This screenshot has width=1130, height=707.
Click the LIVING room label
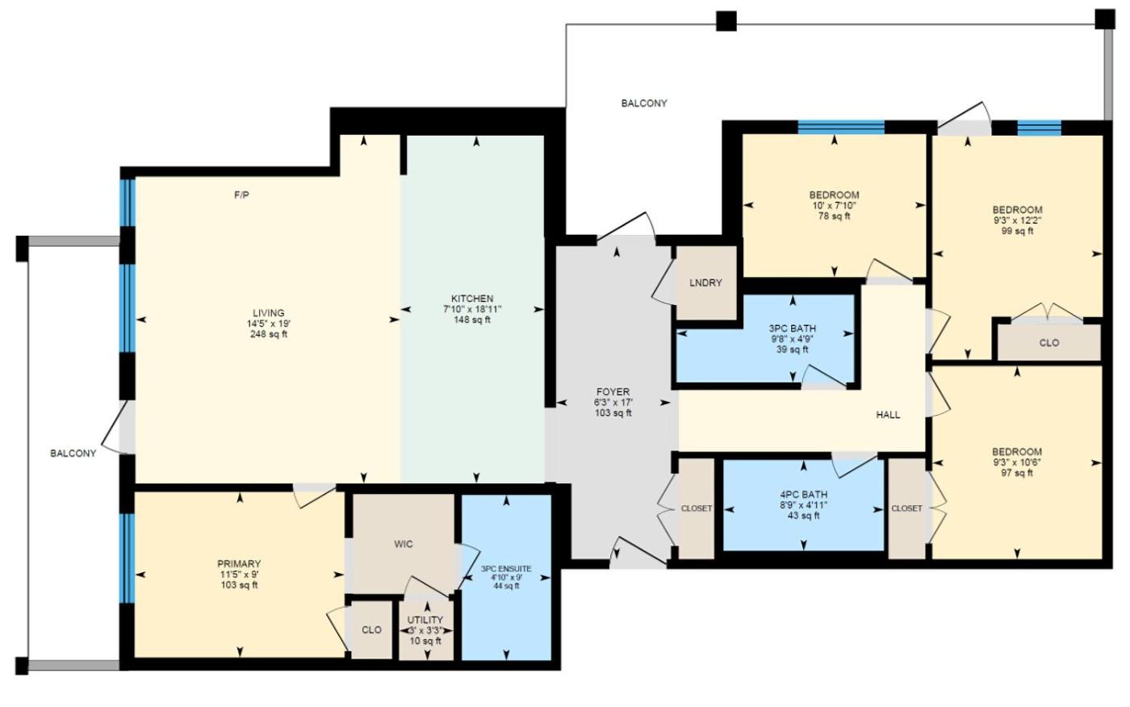click(268, 313)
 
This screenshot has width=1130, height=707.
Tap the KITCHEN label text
click(472, 299)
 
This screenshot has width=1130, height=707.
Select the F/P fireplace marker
click(241, 195)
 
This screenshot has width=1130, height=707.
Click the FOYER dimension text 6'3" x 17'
click(613, 403)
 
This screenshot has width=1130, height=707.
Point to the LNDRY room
click(705, 283)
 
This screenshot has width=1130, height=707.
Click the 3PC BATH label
click(793, 328)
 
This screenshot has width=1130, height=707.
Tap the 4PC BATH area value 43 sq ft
click(804, 516)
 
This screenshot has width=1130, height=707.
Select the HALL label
click(888, 415)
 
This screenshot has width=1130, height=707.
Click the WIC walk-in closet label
click(404, 544)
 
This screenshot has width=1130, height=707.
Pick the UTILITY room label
click(425, 620)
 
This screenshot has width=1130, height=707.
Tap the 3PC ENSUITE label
click(506, 569)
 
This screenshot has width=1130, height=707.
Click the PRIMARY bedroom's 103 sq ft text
click(239, 585)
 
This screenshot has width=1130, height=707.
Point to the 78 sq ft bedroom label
click(834, 216)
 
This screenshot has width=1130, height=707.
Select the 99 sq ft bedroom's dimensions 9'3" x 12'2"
click(1017, 220)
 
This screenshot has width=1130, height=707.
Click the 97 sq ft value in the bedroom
click(1017, 474)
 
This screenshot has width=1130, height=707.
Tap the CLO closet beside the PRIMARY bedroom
click(372, 630)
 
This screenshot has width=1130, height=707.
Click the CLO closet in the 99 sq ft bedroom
click(1049, 343)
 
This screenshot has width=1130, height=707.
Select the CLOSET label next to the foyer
click(697, 508)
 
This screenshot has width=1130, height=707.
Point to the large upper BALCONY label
click(644, 103)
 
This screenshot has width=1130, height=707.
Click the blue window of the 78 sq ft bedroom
click(841, 127)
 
